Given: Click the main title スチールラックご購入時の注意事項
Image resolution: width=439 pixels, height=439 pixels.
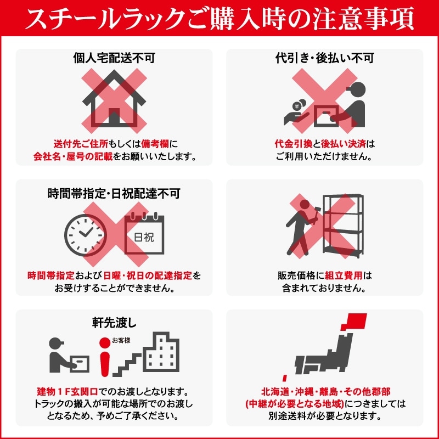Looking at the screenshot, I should click(x=219, y=20).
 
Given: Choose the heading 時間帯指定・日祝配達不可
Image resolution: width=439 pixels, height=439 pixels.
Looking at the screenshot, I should click(x=114, y=193).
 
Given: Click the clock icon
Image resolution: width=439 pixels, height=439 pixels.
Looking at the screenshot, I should click(x=86, y=233).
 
